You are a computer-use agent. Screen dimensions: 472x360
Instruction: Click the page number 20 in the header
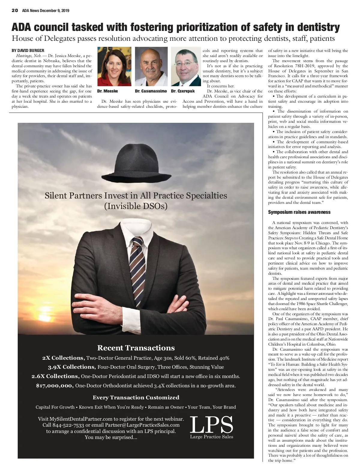[x=15, y=11]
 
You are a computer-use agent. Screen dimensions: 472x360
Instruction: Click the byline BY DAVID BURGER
[x=28, y=50]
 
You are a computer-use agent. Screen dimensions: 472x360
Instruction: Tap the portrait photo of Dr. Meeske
[x=114, y=66]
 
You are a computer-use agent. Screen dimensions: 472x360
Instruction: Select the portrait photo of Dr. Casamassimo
[x=151, y=66]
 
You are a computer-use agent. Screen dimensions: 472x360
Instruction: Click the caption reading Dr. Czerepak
[x=183, y=91]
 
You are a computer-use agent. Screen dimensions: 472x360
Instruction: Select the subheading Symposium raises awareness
[x=299, y=212]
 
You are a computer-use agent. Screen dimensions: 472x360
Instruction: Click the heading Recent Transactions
[x=136, y=348]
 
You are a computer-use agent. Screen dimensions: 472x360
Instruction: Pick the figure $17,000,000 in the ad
[x=55, y=386]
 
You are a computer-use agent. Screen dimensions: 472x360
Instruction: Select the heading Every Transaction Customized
[x=136, y=398]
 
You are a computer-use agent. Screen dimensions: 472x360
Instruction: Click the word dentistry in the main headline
[x=319, y=27]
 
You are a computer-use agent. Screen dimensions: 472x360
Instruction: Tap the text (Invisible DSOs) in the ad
[x=136, y=206]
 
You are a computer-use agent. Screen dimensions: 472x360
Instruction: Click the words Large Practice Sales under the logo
[x=211, y=437]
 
